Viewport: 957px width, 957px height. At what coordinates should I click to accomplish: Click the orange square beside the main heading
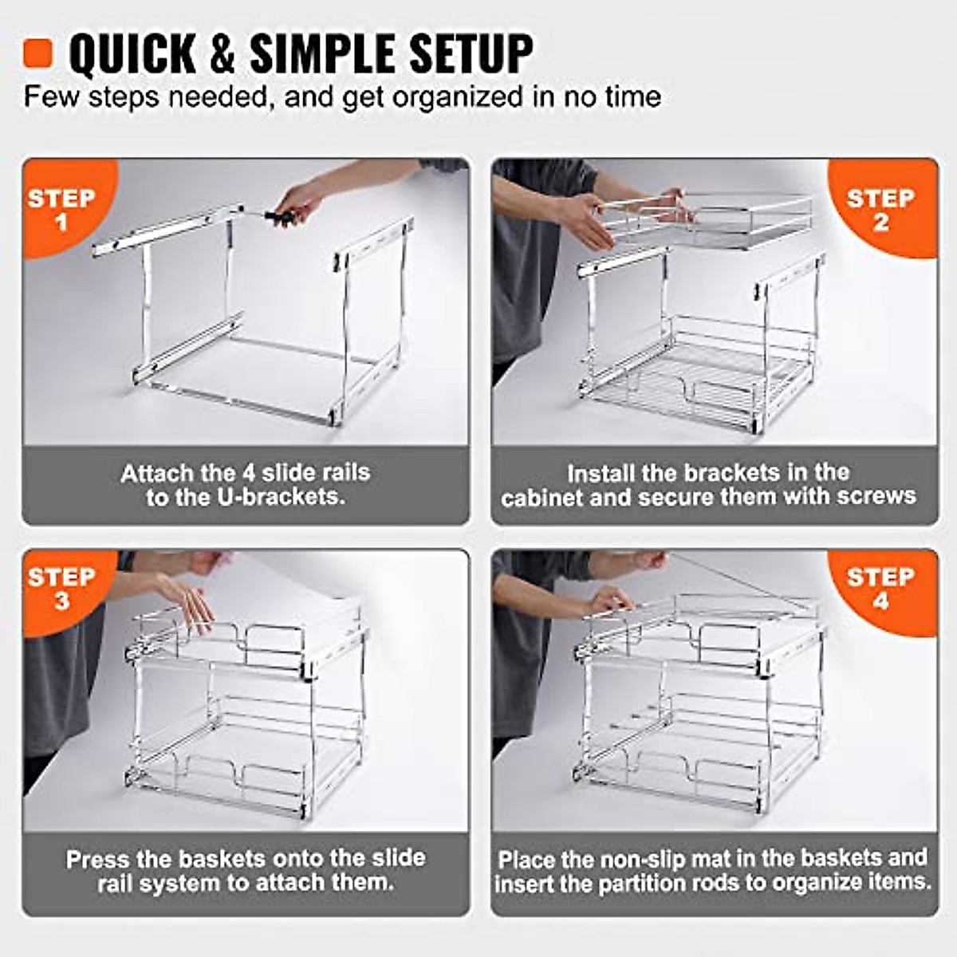pos(37,53)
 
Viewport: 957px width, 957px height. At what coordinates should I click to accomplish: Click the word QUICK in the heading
pos(132,54)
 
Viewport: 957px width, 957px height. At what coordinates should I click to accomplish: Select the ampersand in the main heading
pos(222,54)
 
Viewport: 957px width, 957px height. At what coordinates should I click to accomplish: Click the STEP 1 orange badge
pos(61,209)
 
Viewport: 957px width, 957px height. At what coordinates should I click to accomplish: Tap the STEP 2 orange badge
pos(880,209)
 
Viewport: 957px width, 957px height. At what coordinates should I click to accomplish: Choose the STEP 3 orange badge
pos(61,588)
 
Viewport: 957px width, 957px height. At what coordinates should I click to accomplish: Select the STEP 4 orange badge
pos(880,588)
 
